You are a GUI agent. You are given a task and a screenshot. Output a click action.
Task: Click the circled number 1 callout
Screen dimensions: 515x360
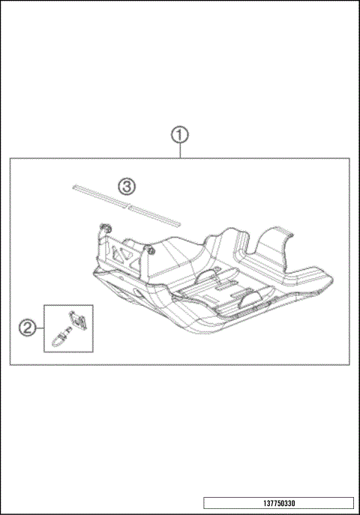click(179, 136)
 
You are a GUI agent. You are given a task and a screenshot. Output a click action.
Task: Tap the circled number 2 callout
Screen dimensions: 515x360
click(27, 327)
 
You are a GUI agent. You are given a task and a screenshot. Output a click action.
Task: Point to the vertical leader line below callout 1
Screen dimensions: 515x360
click(179, 151)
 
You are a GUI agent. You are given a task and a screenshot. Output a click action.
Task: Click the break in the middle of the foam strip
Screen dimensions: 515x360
click(127, 203)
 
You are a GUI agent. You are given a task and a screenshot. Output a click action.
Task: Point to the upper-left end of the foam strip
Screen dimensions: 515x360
click(74, 184)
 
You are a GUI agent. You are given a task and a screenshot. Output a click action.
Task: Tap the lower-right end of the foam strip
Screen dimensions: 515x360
click(178, 222)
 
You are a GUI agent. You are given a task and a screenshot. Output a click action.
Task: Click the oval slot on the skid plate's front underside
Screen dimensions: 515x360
click(135, 292)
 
